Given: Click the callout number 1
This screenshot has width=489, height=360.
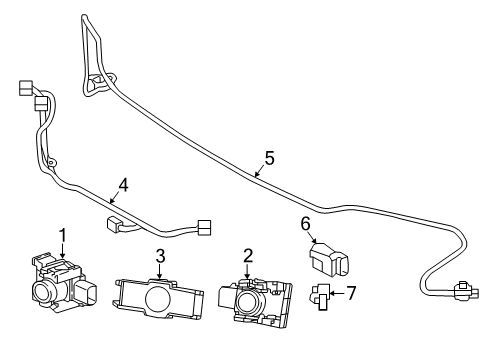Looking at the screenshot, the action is pos(62,236).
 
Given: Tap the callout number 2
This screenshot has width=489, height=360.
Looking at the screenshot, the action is pos(248,256).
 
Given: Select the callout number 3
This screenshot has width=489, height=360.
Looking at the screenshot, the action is pos(160,256).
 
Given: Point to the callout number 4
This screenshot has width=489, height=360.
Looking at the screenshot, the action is pos(123,185).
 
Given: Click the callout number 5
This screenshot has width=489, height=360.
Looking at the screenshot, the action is pos(269,158).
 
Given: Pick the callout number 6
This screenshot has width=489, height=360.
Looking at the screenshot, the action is pos(306,224).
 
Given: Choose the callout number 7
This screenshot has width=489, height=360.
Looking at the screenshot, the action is pos(351,293).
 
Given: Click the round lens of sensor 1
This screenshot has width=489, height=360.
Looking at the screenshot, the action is pos(43,291).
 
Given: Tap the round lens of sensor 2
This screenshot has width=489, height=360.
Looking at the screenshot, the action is pos(248,302).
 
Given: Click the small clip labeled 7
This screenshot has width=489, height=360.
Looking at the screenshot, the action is pos(320,297).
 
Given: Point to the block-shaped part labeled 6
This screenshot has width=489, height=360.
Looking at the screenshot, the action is pos(329,260).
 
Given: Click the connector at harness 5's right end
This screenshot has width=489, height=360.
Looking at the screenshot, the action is pos(466,290).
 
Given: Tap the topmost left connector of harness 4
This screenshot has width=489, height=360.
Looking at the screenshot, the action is pos(26,87).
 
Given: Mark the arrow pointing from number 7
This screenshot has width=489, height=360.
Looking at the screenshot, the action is pos(337,293).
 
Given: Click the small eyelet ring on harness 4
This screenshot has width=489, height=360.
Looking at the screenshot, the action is pos(51,163).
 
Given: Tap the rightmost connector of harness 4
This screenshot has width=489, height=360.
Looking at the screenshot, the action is pos(204,228).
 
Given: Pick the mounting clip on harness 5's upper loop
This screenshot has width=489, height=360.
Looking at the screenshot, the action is pos(98,80).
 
